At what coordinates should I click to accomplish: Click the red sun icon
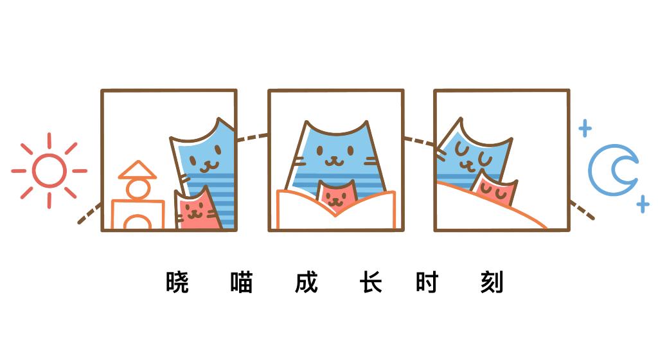tap(49, 171)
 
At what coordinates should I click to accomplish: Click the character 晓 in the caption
tap(177, 282)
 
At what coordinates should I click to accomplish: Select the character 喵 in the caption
tap(241, 282)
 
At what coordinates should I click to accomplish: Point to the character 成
tap(307, 282)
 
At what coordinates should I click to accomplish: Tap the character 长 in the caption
tap(371, 282)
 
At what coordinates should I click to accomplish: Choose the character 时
tap(427, 282)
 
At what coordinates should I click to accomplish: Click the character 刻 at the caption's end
tap(492, 282)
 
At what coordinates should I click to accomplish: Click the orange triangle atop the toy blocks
tap(138, 170)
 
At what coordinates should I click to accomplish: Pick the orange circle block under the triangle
tap(138, 189)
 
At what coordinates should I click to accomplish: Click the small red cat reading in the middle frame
tap(336, 195)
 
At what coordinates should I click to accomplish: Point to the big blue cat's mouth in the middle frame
tap(335, 161)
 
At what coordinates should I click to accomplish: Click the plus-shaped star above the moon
tap(585, 128)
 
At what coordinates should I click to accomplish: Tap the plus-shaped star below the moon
tap(642, 205)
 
